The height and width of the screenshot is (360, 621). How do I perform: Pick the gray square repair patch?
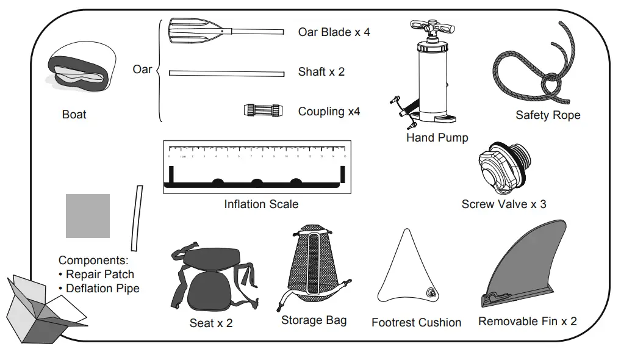pyautogui.click(x=88, y=216)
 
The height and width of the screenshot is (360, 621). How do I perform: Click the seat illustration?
pyautogui.click(x=210, y=281)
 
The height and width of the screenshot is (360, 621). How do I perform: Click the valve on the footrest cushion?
pyautogui.click(x=431, y=293)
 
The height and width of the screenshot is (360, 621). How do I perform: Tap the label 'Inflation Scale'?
pyautogui.click(x=261, y=204)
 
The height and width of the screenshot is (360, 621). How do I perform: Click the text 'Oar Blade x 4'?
pyautogui.click(x=334, y=32)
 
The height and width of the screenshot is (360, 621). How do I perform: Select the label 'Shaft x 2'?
pyautogui.click(x=321, y=72)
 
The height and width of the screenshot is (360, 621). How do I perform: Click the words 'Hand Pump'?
pyautogui.click(x=437, y=138)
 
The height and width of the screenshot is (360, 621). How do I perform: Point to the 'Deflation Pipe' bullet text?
pyautogui.click(x=102, y=288)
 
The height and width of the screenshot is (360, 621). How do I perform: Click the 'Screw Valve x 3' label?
pyautogui.click(x=503, y=204)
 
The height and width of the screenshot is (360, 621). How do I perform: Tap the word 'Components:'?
pyautogui.click(x=93, y=261)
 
